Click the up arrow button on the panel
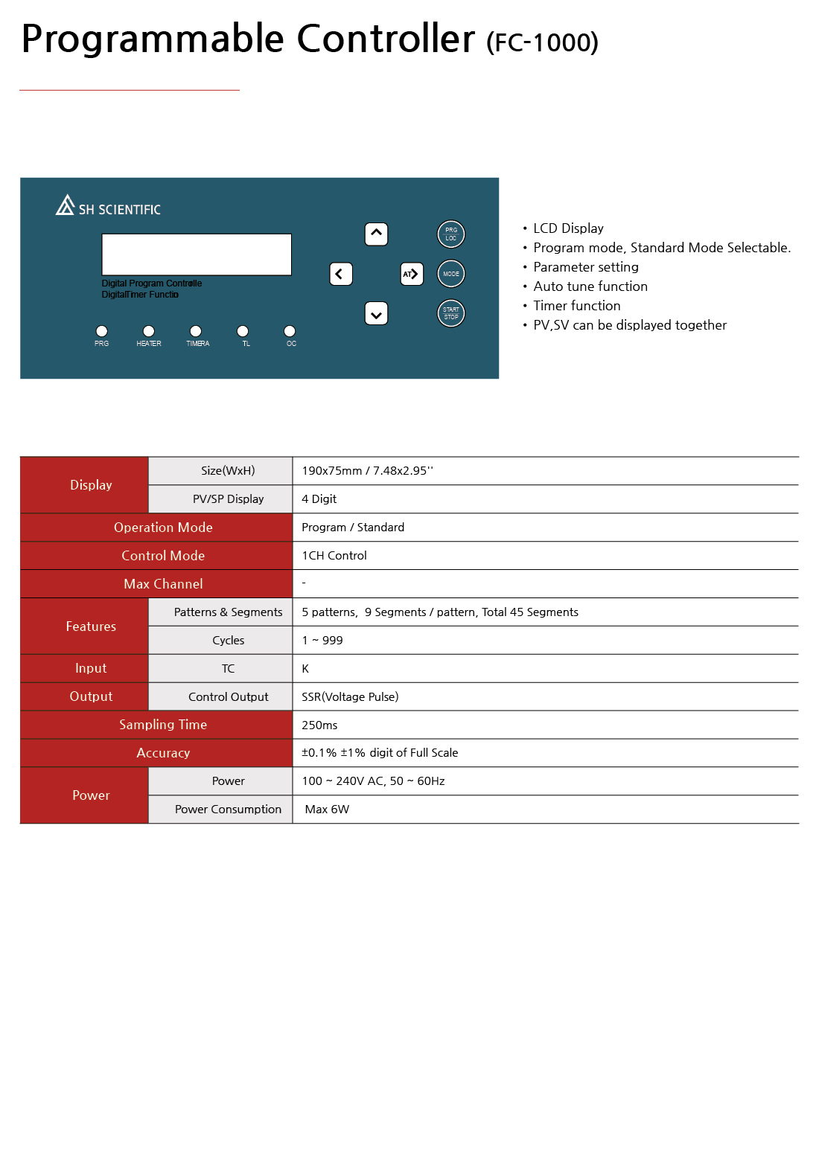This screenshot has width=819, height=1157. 377,234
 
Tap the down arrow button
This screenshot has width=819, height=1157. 377,314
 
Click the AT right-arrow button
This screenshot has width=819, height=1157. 412,274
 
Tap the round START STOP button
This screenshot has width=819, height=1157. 451,313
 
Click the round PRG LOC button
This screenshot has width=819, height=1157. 451,234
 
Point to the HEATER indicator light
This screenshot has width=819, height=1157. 149,331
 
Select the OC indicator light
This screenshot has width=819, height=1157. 290,331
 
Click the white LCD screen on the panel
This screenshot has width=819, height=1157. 197,254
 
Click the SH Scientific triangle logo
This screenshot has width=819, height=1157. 66,205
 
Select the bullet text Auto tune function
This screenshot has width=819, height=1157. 590,286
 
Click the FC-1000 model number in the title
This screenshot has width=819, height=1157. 542,42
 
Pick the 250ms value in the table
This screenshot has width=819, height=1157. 319,725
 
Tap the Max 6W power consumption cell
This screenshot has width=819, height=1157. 327,810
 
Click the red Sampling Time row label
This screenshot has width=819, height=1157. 163,725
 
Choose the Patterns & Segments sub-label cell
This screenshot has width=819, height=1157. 228,612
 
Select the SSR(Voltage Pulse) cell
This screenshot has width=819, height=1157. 350,696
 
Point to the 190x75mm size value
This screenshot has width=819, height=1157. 367,471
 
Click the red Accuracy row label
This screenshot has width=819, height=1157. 163,753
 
